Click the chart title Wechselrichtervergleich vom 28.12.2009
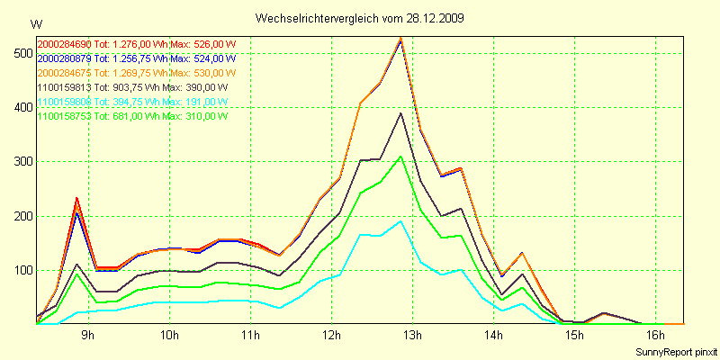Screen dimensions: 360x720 [360, 18]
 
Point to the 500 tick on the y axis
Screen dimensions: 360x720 [21, 54]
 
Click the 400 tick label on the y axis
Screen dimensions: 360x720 [21, 108]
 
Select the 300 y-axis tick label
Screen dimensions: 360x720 [21, 162]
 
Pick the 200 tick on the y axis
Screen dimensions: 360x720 [21, 216]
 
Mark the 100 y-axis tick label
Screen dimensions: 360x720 [21, 270]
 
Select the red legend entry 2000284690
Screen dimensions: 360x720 [63, 43]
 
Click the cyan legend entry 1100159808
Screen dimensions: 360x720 [63, 102]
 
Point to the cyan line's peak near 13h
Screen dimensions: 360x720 [400, 220]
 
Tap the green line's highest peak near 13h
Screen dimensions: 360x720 [400, 157]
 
